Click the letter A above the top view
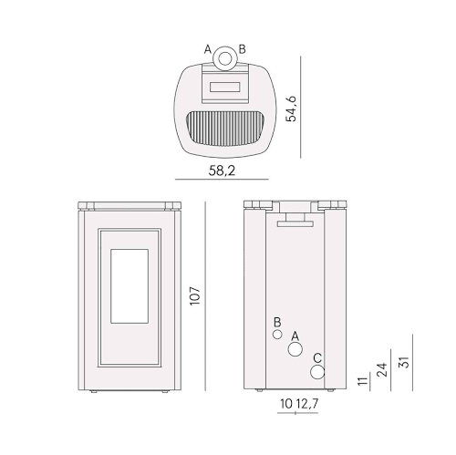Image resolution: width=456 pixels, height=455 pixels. (208, 48)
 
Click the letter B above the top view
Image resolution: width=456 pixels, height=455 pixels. (242, 48)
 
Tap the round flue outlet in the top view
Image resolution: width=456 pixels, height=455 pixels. (224, 62)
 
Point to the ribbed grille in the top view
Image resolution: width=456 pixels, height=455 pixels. (224, 127)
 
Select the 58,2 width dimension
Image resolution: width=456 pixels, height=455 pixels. (223, 170)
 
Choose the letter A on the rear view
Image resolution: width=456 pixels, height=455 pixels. (294, 336)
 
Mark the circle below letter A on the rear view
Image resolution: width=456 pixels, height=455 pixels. (295, 352)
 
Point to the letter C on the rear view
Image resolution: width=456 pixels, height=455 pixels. (316, 357)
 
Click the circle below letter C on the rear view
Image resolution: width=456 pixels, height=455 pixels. (316, 372)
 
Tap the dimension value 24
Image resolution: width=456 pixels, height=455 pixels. (382, 369)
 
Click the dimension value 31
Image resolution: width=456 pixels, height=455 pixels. (404, 363)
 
